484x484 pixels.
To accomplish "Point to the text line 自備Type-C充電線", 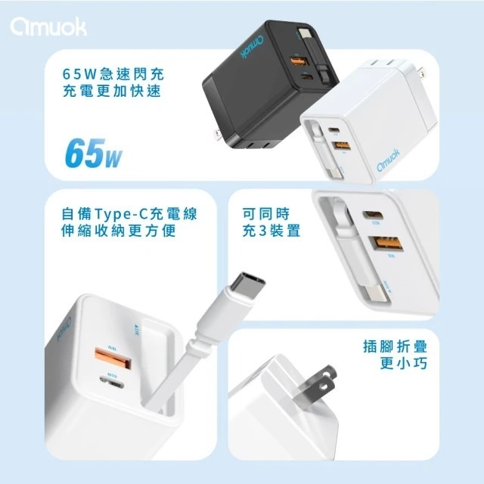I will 129,214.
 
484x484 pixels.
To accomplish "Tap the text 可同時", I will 269,214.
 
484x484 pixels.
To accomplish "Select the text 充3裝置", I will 274,234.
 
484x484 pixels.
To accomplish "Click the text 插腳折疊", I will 394,350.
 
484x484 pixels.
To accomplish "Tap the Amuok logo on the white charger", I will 391,165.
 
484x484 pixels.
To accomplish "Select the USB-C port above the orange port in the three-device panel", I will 376,217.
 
